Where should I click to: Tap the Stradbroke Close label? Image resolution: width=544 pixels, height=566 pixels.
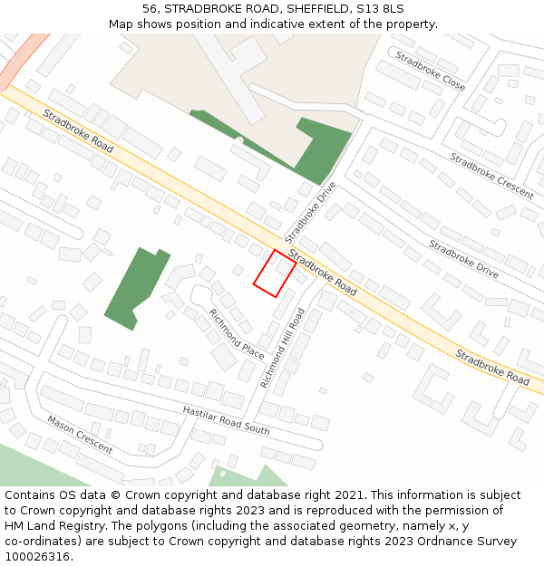point(430,71)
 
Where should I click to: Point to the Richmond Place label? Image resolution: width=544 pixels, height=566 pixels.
point(236,333)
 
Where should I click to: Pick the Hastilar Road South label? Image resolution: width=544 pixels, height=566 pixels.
point(226,419)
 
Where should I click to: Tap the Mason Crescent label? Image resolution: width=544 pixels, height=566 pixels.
point(80,435)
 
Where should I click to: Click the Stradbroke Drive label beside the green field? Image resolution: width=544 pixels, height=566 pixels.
point(310,212)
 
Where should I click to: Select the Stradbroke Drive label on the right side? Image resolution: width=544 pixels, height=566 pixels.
point(463,258)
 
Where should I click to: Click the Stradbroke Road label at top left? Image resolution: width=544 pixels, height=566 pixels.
point(78,131)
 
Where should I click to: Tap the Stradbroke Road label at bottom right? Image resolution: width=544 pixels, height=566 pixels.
point(492,367)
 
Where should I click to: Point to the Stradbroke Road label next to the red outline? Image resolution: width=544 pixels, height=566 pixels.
point(323,272)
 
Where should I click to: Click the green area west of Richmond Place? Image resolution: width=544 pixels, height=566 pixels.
point(138,286)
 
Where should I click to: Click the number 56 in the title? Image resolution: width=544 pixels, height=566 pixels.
point(150,8)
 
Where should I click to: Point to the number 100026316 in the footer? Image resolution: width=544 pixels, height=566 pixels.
point(37,556)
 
